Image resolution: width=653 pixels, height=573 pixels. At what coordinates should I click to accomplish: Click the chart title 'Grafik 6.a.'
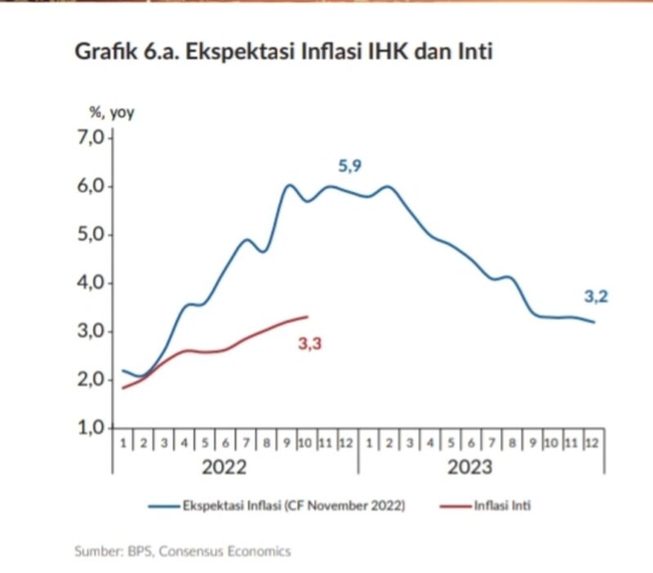pyautogui.click(x=127, y=51)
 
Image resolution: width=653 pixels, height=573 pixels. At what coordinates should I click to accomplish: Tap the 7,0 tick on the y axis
pyautogui.click(x=91, y=137)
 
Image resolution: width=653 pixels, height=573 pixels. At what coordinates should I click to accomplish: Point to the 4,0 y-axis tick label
pyautogui.click(x=91, y=283)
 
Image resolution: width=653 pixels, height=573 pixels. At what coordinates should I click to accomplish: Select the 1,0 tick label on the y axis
pyautogui.click(x=91, y=428)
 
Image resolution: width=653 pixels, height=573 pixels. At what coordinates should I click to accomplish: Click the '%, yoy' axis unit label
pyautogui.click(x=112, y=113)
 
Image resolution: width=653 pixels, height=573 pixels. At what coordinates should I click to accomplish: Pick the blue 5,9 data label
pyautogui.click(x=350, y=167)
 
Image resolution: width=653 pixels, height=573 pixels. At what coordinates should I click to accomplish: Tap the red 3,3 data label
pyautogui.click(x=310, y=344)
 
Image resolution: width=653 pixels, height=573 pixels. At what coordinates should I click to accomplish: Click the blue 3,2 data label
pyautogui.click(x=596, y=296)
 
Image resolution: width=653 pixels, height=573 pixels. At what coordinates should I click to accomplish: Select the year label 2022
pyautogui.click(x=224, y=467)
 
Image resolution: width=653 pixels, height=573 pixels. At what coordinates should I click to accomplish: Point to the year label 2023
pyautogui.click(x=470, y=467)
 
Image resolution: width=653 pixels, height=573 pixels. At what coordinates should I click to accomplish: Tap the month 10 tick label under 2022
pyautogui.click(x=305, y=443)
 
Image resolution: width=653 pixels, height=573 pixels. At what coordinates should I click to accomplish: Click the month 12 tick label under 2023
pyautogui.click(x=591, y=443)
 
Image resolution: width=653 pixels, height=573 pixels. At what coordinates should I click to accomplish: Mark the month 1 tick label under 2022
pyautogui.click(x=123, y=443)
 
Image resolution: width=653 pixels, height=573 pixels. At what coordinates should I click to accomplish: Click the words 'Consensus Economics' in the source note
pyautogui.click(x=225, y=551)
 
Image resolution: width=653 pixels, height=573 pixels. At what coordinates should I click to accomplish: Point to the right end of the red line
pyautogui.click(x=308, y=317)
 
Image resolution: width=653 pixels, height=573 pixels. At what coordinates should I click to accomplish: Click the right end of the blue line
pyautogui.click(x=594, y=322)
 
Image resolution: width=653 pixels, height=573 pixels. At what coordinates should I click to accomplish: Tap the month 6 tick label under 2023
pyautogui.click(x=472, y=443)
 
